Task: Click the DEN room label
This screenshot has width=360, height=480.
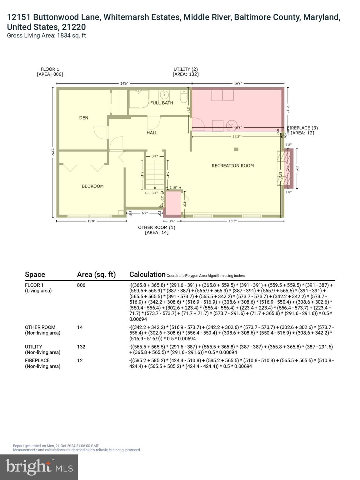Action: (83, 118)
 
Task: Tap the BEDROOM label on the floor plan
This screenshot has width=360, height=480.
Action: (92, 186)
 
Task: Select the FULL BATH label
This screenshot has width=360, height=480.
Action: (162, 103)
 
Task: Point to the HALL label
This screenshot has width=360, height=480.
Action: (152, 133)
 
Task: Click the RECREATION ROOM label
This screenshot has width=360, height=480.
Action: (232, 166)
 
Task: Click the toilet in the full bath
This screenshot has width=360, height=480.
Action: (184, 97)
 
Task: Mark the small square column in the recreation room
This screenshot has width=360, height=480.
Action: (236, 149)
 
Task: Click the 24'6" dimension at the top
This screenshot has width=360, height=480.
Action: (124, 83)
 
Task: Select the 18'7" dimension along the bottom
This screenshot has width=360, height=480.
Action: (232, 221)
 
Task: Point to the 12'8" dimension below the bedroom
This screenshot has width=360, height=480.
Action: (91, 221)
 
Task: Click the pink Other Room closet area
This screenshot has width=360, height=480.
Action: (173, 203)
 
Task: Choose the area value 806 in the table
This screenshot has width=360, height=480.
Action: (81, 285)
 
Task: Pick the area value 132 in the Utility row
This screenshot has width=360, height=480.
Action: (81, 347)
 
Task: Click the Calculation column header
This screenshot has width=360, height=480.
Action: (147, 274)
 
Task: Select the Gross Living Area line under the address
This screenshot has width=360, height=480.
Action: (46, 36)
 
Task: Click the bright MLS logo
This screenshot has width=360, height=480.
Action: (39, 467)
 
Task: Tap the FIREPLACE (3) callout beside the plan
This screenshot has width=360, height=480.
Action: (302, 128)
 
